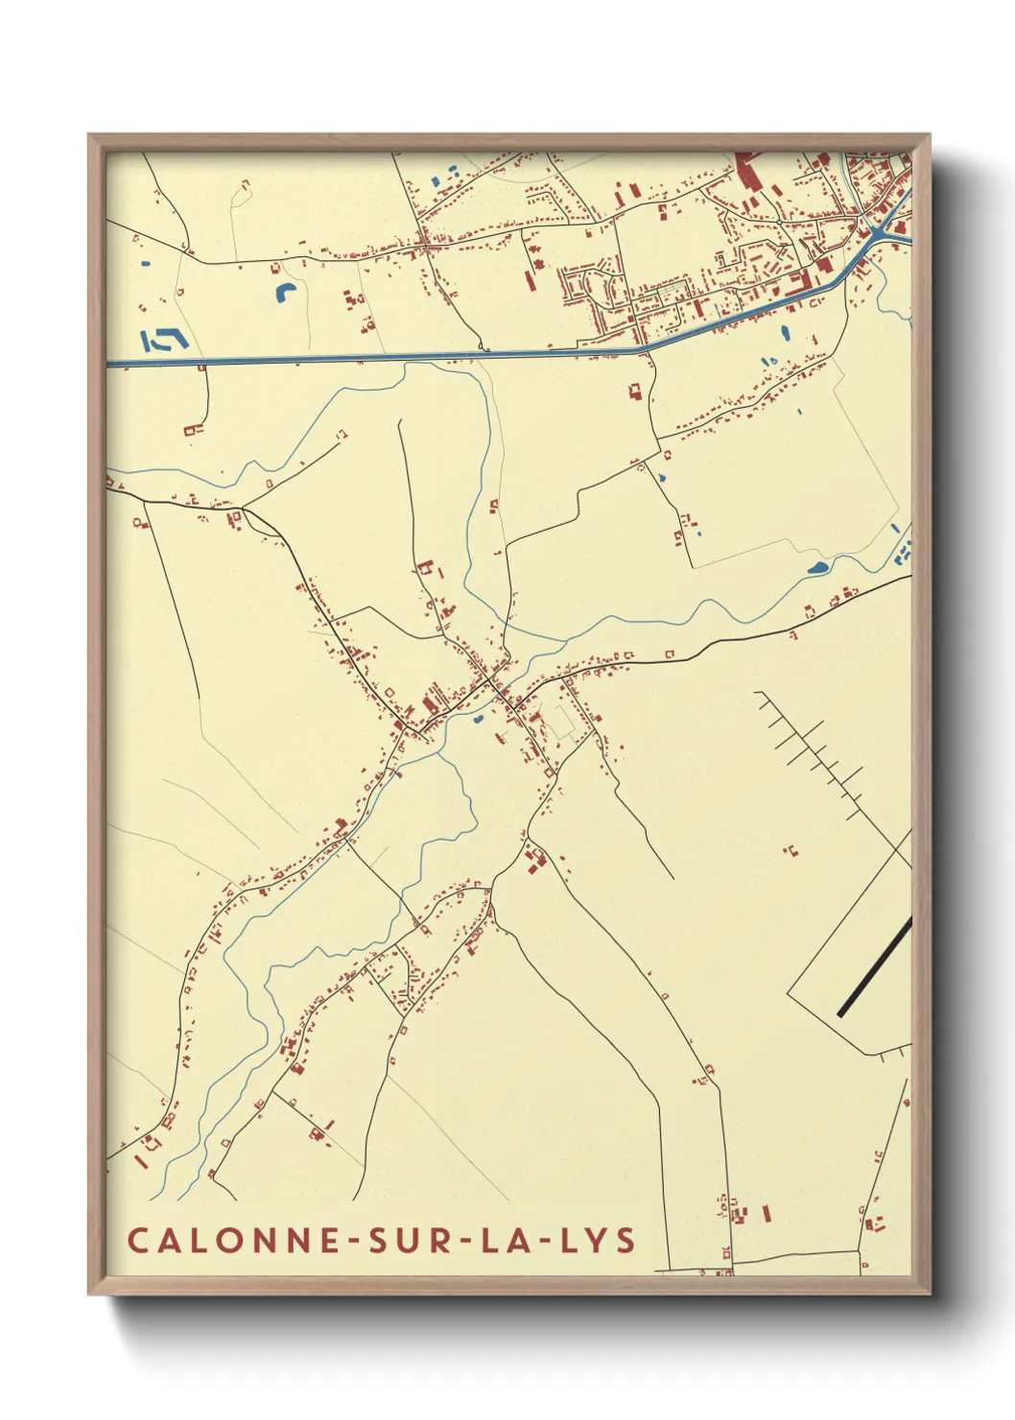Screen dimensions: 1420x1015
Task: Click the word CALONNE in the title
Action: [x=234, y=1240]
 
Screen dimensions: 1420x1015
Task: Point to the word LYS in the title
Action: [x=597, y=1240]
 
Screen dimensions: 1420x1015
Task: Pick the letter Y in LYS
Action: [x=597, y=1240]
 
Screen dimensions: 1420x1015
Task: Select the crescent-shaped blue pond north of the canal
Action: [x=284, y=292]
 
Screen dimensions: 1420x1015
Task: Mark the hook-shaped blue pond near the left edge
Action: [x=163, y=340]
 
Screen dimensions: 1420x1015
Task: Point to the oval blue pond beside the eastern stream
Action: [x=817, y=568]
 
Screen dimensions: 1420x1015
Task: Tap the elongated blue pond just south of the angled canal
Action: [x=785, y=335]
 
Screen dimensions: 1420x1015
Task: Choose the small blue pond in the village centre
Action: [x=477, y=718]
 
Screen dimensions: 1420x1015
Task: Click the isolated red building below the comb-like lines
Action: [x=791, y=850]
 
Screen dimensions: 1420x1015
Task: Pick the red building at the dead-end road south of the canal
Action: [x=634, y=391]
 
